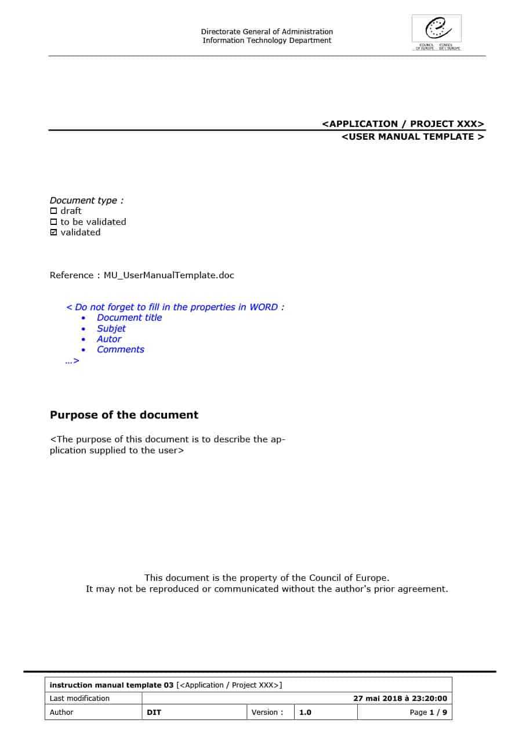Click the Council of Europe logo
437,32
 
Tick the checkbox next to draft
54,211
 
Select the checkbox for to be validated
54,222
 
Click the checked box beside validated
54,232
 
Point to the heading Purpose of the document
124,415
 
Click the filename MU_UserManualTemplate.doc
169,275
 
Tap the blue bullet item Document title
129,318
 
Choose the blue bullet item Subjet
111,329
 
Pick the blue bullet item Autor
109,339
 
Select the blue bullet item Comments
121,350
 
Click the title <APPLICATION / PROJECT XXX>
403,124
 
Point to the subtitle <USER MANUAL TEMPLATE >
413,137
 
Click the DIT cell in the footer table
154,712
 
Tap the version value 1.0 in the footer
305,712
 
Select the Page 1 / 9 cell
428,712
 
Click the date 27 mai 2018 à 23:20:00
400,699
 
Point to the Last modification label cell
79,699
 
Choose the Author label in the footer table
61,712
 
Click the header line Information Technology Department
267,41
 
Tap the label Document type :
86,201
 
